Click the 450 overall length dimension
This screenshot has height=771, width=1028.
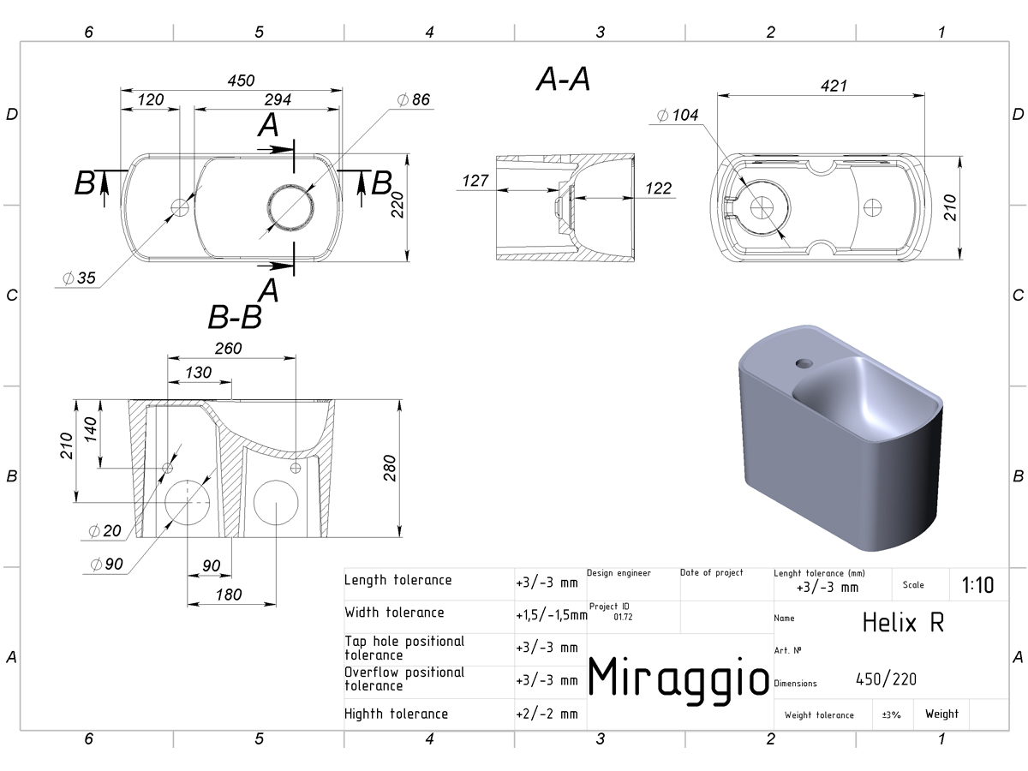click(x=241, y=81)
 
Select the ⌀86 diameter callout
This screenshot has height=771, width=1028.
click(x=413, y=99)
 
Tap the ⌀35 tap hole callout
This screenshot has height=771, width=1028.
click(x=79, y=278)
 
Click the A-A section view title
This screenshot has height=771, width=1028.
click(x=563, y=79)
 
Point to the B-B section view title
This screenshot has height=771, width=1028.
click(x=235, y=317)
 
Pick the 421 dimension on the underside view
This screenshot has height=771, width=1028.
click(x=834, y=87)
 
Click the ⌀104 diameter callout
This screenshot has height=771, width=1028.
click(x=678, y=115)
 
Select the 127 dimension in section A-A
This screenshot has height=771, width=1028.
click(x=475, y=181)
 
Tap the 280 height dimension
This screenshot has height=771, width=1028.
click(x=390, y=468)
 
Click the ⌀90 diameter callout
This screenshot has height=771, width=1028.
click(x=106, y=564)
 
